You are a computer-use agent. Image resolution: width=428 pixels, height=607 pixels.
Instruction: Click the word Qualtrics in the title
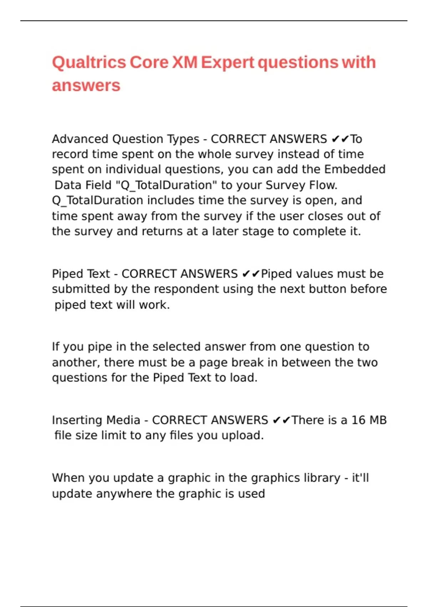coord(89,62)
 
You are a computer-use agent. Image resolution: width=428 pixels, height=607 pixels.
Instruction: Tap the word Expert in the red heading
coord(228,62)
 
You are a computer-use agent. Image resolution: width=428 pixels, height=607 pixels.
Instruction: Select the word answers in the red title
coord(86,86)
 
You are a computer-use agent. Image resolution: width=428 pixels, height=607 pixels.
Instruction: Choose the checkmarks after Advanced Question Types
coord(340,139)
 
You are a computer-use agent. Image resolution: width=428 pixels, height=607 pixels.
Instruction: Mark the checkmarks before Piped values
coord(251,274)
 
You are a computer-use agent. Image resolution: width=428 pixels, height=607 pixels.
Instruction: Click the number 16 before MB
coord(358,420)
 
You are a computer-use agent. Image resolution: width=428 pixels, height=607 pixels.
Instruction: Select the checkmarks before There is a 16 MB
coord(281,420)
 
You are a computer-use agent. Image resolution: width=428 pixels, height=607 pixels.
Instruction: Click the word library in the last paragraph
coord(322,478)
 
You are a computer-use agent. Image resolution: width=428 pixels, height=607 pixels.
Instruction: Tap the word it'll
coord(360,478)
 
